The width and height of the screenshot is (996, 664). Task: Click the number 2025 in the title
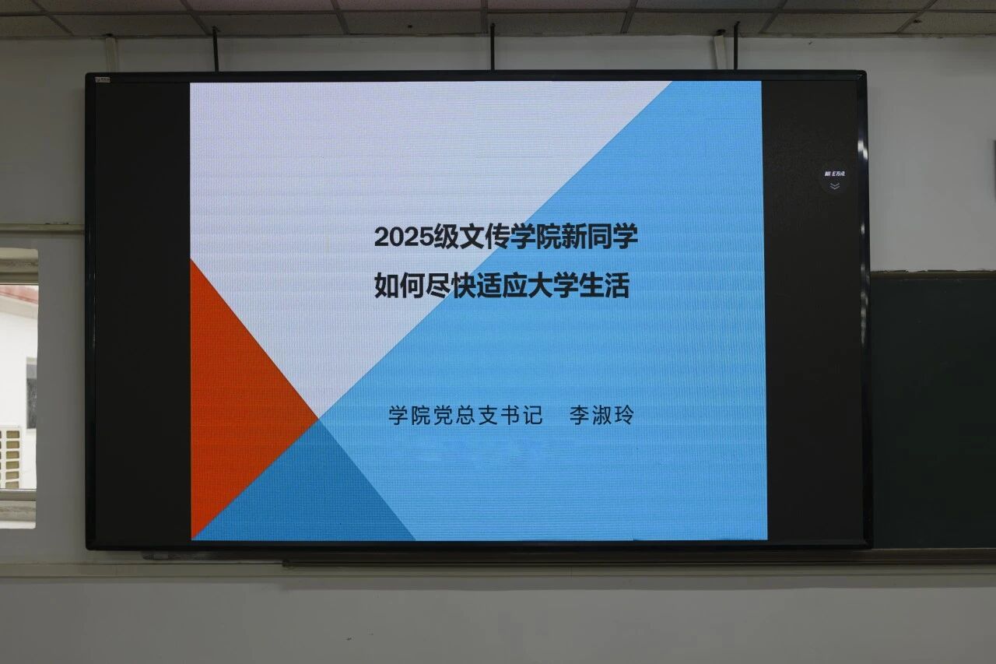[x=404, y=237]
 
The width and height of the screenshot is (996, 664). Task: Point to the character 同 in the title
[x=601, y=237]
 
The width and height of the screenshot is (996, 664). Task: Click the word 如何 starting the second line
[x=399, y=286]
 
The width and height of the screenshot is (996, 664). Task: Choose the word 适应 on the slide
[x=503, y=286]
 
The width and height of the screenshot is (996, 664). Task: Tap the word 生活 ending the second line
[x=605, y=286]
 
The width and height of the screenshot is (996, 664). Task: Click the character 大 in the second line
[x=541, y=286]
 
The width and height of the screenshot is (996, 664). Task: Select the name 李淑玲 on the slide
[x=601, y=416]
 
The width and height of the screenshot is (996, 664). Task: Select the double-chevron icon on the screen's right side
[x=835, y=186]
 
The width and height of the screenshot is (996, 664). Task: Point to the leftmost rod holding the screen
[x=216, y=49]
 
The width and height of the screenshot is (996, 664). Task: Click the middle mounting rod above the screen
[x=493, y=47]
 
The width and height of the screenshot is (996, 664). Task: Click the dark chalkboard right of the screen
[x=934, y=409]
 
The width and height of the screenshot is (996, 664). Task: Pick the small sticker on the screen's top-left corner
[x=103, y=80]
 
